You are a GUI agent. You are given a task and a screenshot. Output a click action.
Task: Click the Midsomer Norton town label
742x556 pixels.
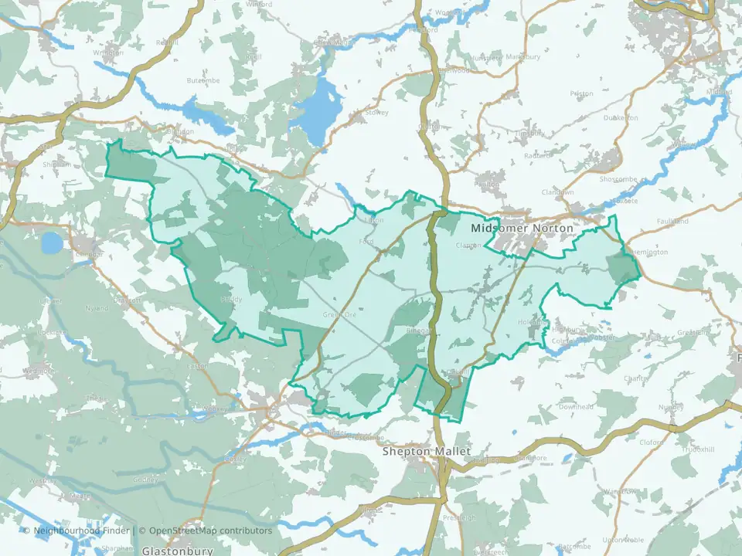coord(522,229)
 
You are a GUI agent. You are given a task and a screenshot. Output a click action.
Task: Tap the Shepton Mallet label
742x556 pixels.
coord(427,452)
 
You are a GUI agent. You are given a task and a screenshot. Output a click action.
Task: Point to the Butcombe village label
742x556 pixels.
coord(203,80)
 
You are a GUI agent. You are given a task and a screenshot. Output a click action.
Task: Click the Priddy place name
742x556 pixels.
coord(232,299)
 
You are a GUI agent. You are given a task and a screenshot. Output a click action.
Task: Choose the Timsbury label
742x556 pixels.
coord(529,133)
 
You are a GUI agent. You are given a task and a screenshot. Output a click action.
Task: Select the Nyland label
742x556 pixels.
coord(98,308)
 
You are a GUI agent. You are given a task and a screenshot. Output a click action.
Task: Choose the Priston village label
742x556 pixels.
coord(580,93)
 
